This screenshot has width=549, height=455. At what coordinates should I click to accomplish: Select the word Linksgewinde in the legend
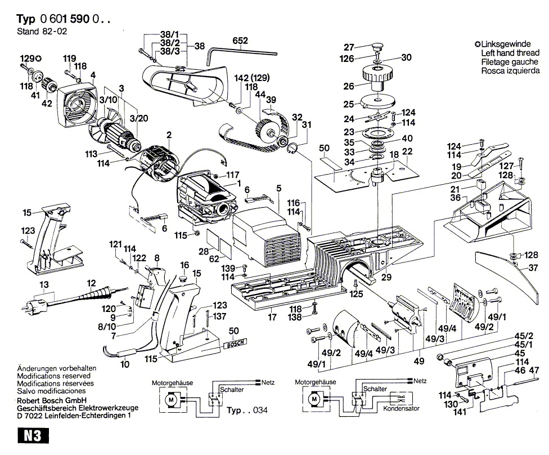point(506,43)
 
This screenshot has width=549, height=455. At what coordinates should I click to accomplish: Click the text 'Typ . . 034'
point(246,411)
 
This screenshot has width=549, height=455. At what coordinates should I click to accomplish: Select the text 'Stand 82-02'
point(38,32)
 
